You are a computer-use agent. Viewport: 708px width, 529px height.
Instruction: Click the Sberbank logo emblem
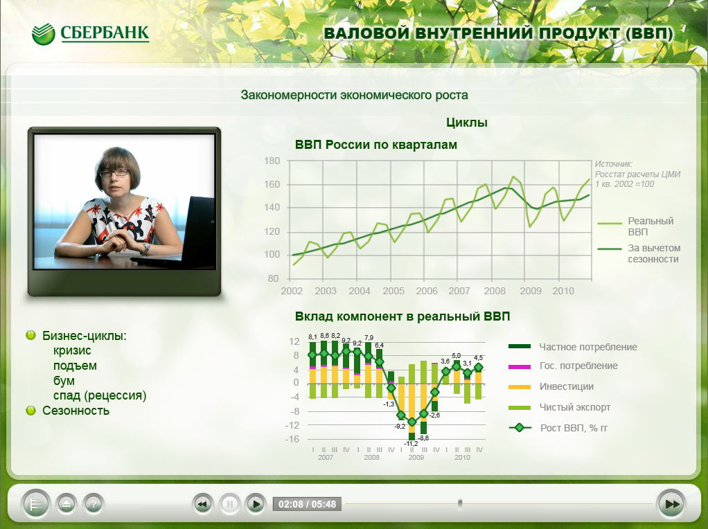tap(44, 34)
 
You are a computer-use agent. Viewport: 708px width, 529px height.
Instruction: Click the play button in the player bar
tap(256, 503)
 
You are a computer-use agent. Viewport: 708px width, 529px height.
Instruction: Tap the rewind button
tap(202, 503)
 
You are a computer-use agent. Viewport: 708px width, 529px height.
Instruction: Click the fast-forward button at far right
tap(672, 503)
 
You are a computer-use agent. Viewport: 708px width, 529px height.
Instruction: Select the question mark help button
tap(94, 503)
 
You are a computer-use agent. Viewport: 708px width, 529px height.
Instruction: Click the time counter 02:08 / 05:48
tap(307, 504)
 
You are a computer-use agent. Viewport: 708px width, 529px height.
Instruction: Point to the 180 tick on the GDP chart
tap(272, 161)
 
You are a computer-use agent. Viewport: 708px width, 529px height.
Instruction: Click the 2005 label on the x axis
tap(393, 291)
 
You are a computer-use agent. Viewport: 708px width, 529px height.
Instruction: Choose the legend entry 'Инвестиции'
tap(566, 386)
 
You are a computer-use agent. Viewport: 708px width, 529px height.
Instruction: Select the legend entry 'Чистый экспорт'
tap(575, 407)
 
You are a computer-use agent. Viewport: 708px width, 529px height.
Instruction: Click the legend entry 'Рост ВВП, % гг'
tap(574, 428)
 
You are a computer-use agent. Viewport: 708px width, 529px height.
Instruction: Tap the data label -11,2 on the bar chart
tap(411, 444)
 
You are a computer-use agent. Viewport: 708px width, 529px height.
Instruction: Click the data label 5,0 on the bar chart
tap(457, 356)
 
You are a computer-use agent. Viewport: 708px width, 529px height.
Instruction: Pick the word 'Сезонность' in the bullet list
tap(76, 411)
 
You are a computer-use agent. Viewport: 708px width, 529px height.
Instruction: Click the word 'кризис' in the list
tap(72, 351)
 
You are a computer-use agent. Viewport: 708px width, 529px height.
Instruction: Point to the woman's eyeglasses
tap(114, 172)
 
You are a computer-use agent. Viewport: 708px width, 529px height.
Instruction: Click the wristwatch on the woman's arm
tap(145, 249)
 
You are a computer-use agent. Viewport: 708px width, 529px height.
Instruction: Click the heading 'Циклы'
tap(467, 123)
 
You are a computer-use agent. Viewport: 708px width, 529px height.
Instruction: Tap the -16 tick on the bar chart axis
tap(292, 439)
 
